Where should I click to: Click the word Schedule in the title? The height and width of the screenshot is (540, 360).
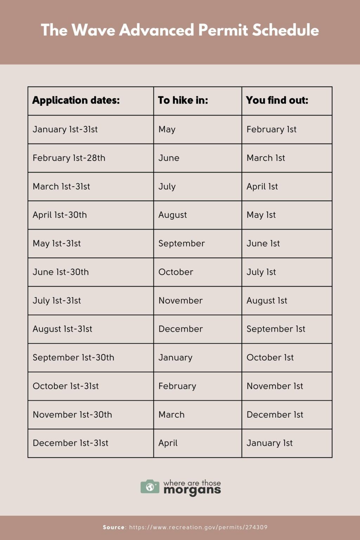pyautogui.click(x=285, y=30)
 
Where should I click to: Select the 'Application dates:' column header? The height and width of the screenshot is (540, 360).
pyautogui.click(x=76, y=101)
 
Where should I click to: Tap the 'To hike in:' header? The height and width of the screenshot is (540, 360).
pyautogui.click(x=183, y=101)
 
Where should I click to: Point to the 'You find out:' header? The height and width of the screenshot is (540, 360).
pyautogui.click(x=277, y=101)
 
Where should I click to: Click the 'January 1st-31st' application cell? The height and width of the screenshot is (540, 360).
pyautogui.click(x=65, y=129)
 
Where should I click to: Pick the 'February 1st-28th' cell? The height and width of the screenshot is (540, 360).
pyautogui.click(x=69, y=158)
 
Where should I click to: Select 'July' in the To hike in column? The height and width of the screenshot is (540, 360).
pyautogui.click(x=167, y=187)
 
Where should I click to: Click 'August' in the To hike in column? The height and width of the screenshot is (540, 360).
pyautogui.click(x=173, y=215)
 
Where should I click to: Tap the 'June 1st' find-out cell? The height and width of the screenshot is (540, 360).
pyautogui.click(x=263, y=244)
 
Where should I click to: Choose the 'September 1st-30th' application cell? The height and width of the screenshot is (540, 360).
pyautogui.click(x=73, y=358)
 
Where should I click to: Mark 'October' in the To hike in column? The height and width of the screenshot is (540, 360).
pyautogui.click(x=176, y=272)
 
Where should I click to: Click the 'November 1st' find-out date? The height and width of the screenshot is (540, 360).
pyautogui.click(x=275, y=386)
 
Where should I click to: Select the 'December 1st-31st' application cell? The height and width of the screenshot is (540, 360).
pyautogui.click(x=70, y=443)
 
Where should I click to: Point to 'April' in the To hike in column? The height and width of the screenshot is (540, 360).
pyautogui.click(x=168, y=443)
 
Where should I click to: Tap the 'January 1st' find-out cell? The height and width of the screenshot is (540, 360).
pyautogui.click(x=270, y=443)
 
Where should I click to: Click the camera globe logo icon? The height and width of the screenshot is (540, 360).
pyautogui.click(x=150, y=487)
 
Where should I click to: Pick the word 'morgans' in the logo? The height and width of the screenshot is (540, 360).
pyautogui.click(x=192, y=490)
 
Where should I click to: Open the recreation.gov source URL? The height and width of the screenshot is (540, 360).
pyautogui.click(x=198, y=527)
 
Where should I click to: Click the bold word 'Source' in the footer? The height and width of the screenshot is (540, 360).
pyautogui.click(x=114, y=527)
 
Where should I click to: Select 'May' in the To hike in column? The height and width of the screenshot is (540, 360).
pyautogui.click(x=167, y=129)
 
